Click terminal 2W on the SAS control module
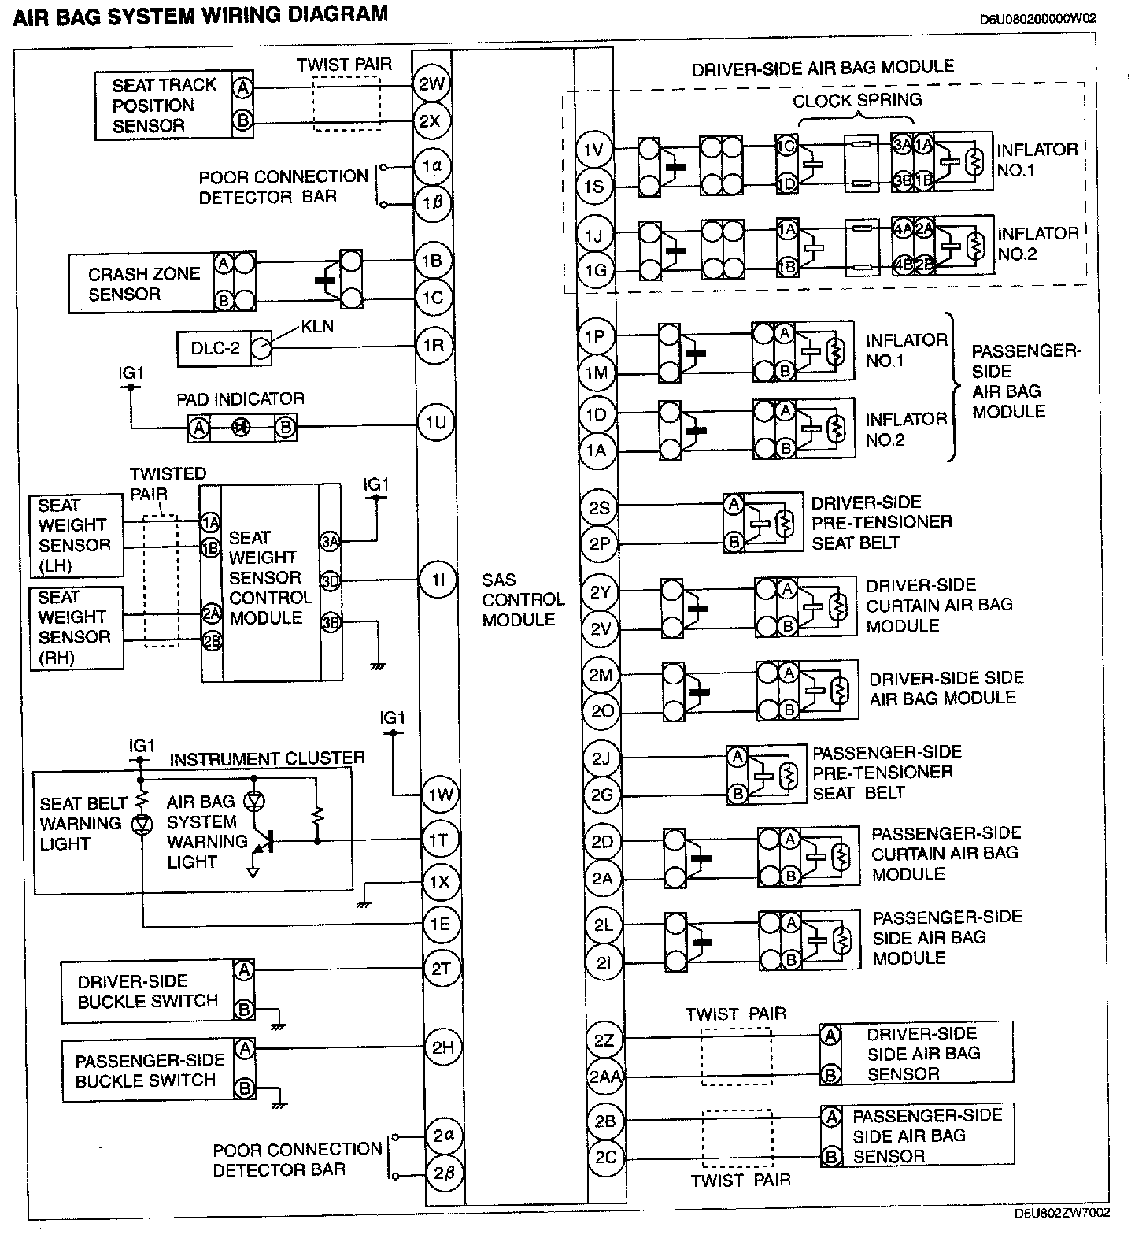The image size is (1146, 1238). coord(431,83)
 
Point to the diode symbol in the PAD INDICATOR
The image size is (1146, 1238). coord(242,428)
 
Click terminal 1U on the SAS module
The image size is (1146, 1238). coord(435,423)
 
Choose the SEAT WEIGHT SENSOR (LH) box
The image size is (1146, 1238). coord(75,536)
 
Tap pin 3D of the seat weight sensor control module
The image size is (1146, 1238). coord(330,581)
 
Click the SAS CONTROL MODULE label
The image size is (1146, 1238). coord(523,599)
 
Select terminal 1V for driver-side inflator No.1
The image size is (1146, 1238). coord(594,149)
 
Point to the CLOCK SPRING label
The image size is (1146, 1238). coord(856,101)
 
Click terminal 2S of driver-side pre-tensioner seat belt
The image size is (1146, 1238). coord(600,508)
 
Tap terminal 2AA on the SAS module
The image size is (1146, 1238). coord(604,1077)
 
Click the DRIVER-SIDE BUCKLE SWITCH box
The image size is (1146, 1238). coord(147,992)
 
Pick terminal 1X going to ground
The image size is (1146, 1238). coord(438,881)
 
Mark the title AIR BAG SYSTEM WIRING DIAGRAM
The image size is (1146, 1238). coord(200,15)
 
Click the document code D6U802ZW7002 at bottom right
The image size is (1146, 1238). coord(1062,1213)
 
